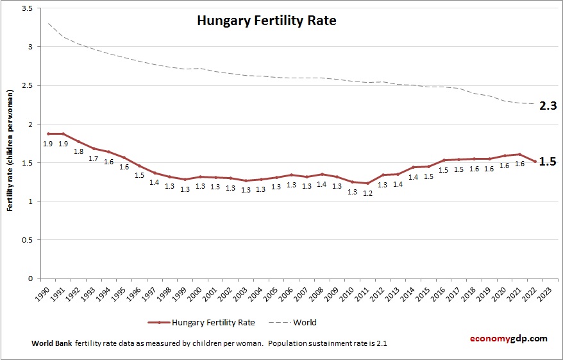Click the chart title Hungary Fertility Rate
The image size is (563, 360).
pos(266,21)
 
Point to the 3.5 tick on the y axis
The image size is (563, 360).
pos(26,8)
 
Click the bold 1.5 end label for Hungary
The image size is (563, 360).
pos(547,162)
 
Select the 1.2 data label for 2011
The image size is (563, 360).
pos(367,193)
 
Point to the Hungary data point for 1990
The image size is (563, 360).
pos(48,133)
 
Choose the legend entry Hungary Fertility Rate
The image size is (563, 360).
pos(204,322)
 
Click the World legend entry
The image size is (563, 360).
pos(305,322)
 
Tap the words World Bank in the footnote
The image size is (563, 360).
pos(51,343)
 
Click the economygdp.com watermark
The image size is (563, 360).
pos(507,338)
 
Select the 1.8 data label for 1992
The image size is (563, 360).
pos(78,151)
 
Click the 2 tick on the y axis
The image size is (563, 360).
pos(29,124)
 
